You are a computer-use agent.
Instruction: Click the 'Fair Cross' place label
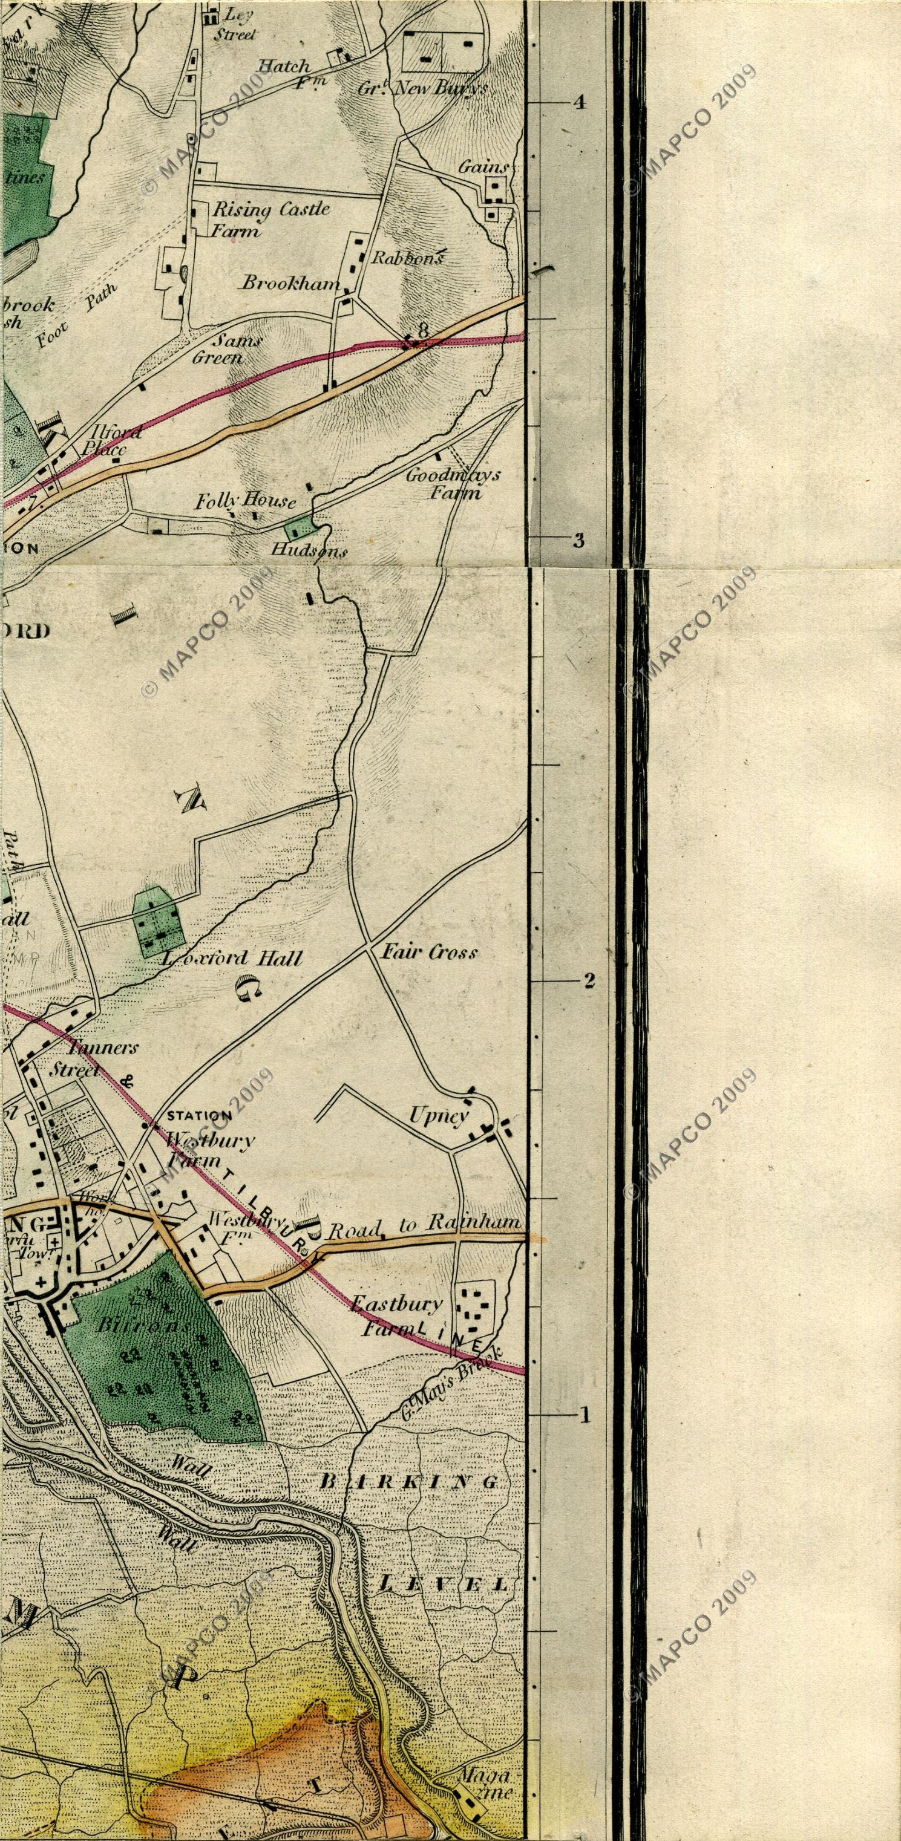point(428,952)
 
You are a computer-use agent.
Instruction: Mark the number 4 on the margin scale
point(579,102)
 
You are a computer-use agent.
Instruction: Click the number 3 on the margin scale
point(579,540)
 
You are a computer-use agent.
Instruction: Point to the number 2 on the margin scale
point(589,980)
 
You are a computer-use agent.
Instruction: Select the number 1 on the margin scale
point(585,1415)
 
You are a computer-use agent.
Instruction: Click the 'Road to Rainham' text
point(424,1224)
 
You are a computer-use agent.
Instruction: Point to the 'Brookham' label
point(290,283)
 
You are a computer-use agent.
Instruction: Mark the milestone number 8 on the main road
point(424,330)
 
